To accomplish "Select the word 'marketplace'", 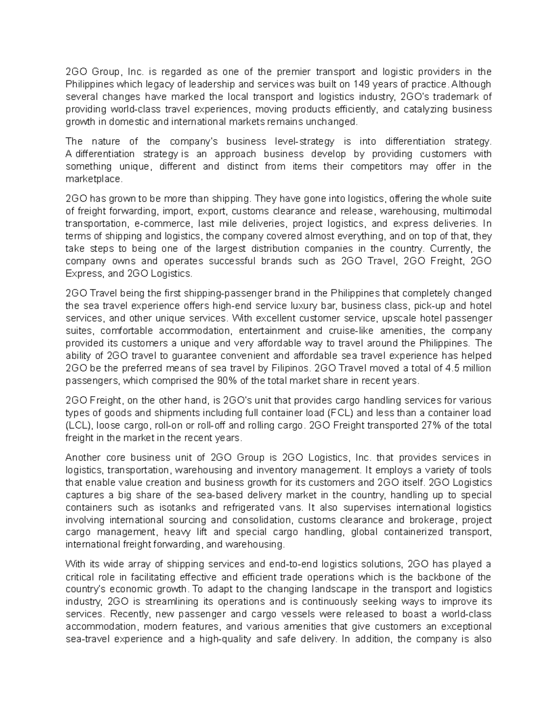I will (94, 179).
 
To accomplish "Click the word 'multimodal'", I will (466, 211).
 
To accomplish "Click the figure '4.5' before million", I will (452, 368).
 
